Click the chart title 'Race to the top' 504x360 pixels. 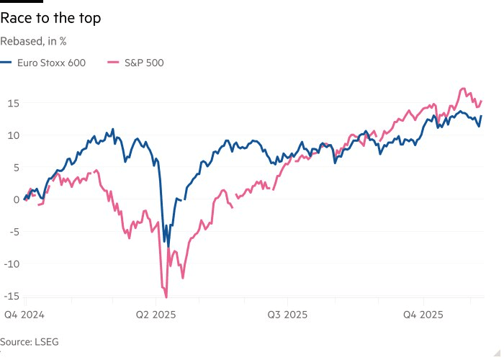pos(50,19)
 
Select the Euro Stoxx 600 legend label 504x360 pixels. pos(52,63)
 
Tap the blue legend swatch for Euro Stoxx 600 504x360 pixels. pos(7,63)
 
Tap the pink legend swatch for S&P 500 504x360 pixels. pos(113,63)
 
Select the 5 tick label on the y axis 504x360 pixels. pos(14,167)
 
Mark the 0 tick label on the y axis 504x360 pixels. pos(14,199)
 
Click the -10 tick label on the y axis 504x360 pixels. pos(10,263)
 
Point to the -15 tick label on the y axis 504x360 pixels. pos(10,295)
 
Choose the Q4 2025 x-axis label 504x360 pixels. pos(423,315)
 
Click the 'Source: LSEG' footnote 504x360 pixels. pos(27,341)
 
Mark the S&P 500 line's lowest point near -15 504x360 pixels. pos(166,297)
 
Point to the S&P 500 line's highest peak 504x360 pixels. pos(463,89)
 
